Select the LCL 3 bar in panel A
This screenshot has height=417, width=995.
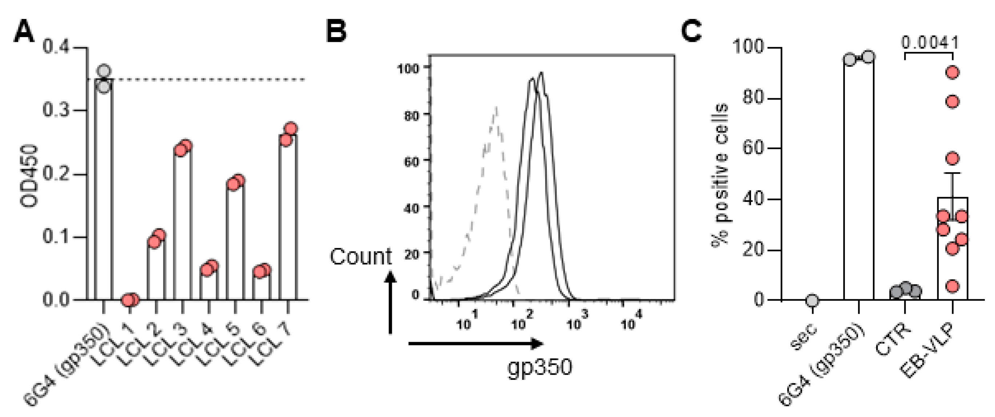pyautogui.click(x=183, y=224)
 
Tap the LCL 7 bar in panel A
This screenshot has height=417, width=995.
pyautogui.click(x=288, y=216)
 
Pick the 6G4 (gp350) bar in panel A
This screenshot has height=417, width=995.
pyautogui.click(x=104, y=189)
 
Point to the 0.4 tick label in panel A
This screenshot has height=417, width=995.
pyautogui.click(x=56, y=47)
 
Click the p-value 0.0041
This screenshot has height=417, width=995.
pyautogui.click(x=930, y=43)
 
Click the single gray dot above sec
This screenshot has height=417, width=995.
pyautogui.click(x=812, y=300)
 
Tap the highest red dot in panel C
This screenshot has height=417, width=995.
pyautogui.click(x=952, y=72)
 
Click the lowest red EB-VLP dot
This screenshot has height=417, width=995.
pyautogui.click(x=952, y=286)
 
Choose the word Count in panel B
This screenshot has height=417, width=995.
pyautogui.click(x=360, y=257)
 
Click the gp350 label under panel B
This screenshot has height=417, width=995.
pyautogui.click(x=539, y=367)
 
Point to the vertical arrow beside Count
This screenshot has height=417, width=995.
pyautogui.click(x=390, y=303)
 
